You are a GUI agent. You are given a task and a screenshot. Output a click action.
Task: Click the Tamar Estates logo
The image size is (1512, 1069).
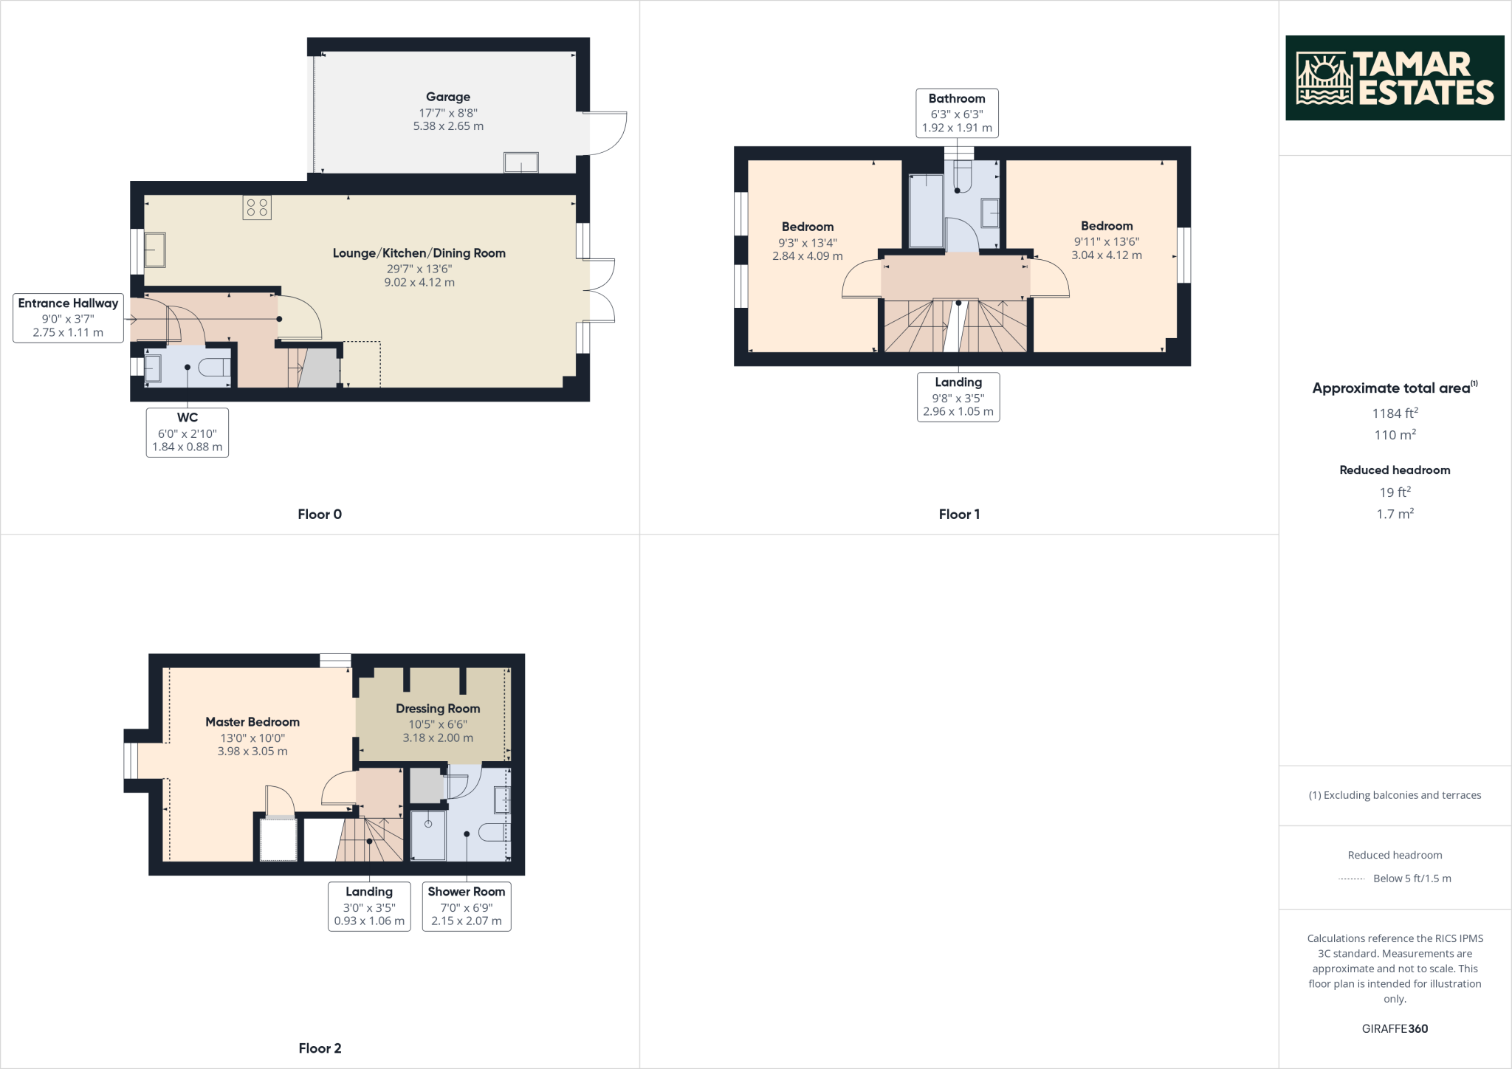pos(1394,78)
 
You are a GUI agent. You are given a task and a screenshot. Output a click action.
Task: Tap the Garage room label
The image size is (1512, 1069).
pos(447,97)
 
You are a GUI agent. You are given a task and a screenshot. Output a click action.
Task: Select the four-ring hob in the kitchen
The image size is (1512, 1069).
pos(257,207)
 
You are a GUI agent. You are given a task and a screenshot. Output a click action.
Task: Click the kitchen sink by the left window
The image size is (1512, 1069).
pos(155,250)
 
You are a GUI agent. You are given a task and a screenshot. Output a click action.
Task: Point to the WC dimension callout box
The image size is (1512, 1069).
pos(187,433)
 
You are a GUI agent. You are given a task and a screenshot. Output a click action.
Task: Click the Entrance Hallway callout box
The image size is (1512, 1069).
pos(68,317)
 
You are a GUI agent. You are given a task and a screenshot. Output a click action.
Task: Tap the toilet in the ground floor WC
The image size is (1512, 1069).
pos(216,367)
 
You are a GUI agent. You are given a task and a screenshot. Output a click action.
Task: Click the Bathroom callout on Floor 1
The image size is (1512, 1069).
pos(957,113)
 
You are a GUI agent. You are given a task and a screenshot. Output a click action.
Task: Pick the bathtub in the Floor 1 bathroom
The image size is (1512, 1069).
pos(926,210)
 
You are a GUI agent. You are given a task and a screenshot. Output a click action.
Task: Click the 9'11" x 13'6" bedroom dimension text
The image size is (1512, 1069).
pos(1106,241)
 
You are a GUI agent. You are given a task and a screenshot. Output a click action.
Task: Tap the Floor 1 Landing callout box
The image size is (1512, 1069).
pos(958,396)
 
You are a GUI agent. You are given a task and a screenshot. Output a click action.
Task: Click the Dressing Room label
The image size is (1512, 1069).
pos(438,709)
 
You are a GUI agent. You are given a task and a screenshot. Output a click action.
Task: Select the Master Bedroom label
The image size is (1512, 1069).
pos(252,722)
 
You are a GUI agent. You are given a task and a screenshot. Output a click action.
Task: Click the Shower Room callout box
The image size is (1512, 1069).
pos(466,906)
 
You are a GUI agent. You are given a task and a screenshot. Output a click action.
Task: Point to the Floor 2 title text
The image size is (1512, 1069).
pos(320,1048)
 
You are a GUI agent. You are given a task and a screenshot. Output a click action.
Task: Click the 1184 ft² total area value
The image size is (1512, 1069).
pos(1394,413)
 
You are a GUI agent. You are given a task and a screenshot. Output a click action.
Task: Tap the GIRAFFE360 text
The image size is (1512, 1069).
pos(1394,1028)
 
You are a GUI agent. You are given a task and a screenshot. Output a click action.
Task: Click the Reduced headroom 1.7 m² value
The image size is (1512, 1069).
pos(1394,514)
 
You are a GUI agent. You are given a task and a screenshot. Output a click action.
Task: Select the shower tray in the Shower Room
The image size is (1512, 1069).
pos(428,836)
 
